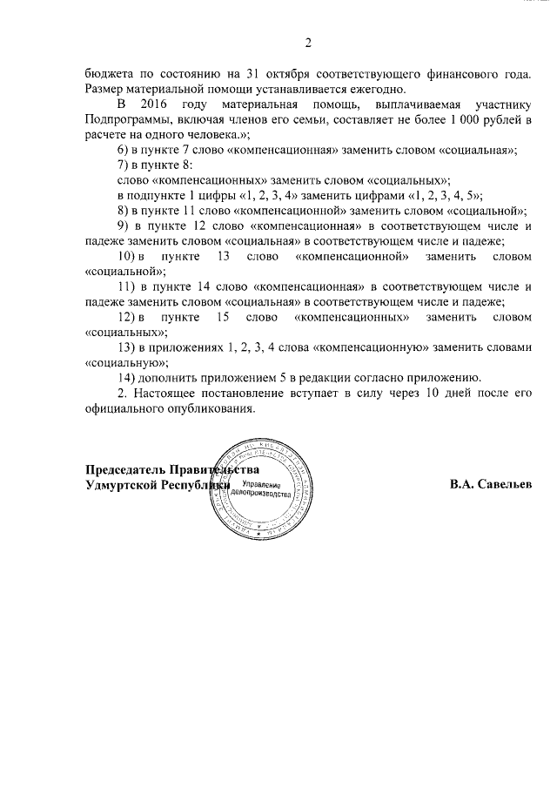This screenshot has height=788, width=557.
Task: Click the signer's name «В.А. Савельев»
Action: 490,484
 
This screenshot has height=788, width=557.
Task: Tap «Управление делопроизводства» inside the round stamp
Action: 260,488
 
